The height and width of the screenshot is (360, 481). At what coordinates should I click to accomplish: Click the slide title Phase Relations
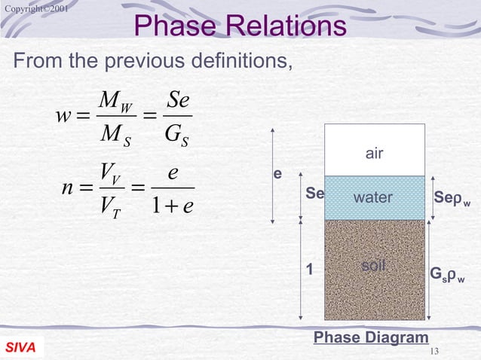pyautogui.click(x=240, y=26)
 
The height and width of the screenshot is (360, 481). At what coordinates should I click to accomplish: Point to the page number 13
pyautogui.click(x=433, y=351)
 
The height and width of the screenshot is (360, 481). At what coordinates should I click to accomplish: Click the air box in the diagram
pyautogui.click(x=375, y=153)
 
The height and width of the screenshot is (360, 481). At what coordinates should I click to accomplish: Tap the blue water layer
pyautogui.click(x=375, y=198)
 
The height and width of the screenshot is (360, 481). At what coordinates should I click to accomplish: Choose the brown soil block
pyautogui.click(x=375, y=270)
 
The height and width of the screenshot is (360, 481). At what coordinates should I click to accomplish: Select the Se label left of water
pyautogui.click(x=314, y=194)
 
